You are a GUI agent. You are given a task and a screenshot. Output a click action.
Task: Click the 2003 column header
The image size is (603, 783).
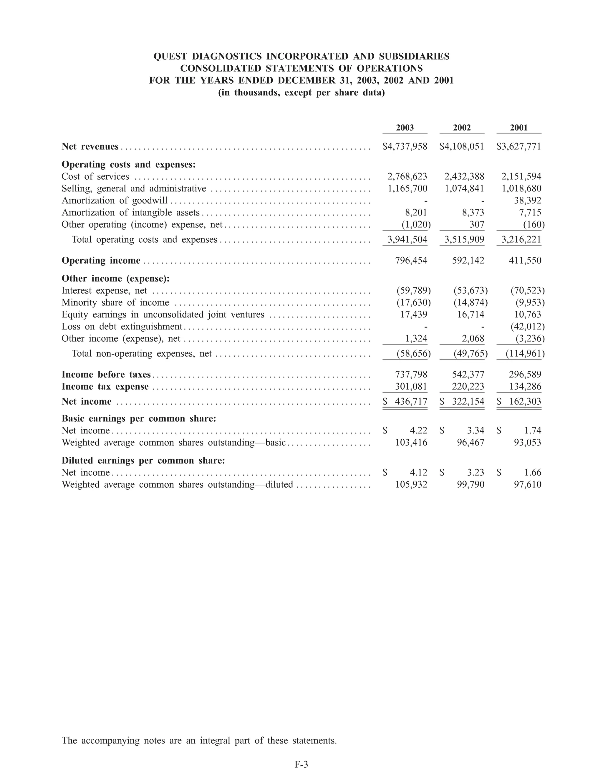coord(405,128)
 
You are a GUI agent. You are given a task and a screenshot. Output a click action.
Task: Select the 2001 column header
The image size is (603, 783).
coord(519,128)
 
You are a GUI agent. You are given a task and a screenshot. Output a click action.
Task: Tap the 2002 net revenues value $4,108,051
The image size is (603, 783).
coord(462,146)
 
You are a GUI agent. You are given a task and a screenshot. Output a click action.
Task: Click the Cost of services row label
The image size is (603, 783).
coord(95,176)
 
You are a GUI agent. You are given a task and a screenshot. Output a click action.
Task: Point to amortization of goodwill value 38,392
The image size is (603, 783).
coord(527,201)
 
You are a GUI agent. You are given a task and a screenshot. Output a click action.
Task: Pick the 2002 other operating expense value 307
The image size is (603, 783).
coord(477,224)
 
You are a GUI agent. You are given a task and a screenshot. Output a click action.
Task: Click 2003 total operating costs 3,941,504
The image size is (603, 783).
coord(407,239)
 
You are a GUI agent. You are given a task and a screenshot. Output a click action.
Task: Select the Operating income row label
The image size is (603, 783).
coord(101,260)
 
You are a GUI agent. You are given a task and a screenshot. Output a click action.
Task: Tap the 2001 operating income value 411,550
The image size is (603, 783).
coord(525,260)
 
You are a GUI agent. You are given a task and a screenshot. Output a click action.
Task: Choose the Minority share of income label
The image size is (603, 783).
coord(115,303)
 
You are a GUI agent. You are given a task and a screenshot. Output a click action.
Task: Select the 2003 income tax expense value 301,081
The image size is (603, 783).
coord(411,386)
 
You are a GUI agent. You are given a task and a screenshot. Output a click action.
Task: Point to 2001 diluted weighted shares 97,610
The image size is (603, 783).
coord(527,484)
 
